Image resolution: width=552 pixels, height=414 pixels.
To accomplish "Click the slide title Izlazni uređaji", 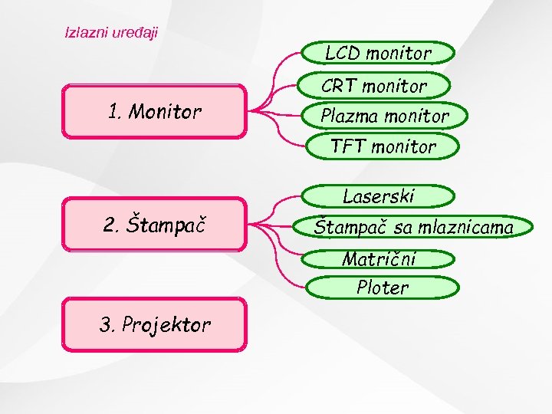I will tap(111, 34).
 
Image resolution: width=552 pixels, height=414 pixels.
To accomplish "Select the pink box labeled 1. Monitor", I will tap(154, 112).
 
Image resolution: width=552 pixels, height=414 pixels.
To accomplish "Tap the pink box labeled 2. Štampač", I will tap(154, 225).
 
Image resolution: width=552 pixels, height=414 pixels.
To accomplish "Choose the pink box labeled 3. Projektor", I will tap(154, 324).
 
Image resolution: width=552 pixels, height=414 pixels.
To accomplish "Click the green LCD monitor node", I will tap(378, 53).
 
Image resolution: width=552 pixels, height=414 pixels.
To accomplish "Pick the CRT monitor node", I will tap(373, 85).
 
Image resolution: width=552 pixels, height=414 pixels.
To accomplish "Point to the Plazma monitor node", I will tap(384, 116).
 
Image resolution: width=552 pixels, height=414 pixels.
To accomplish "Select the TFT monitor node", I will tap(383, 146).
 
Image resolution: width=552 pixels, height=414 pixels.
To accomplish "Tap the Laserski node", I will tap(378, 196).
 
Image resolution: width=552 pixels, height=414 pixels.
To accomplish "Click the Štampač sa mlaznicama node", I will tap(413, 227).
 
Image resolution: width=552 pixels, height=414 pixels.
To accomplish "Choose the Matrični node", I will tap(379, 258).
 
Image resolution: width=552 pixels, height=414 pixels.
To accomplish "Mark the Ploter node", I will tap(383, 287).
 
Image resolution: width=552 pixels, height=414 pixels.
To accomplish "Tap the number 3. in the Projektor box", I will tap(107, 324).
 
